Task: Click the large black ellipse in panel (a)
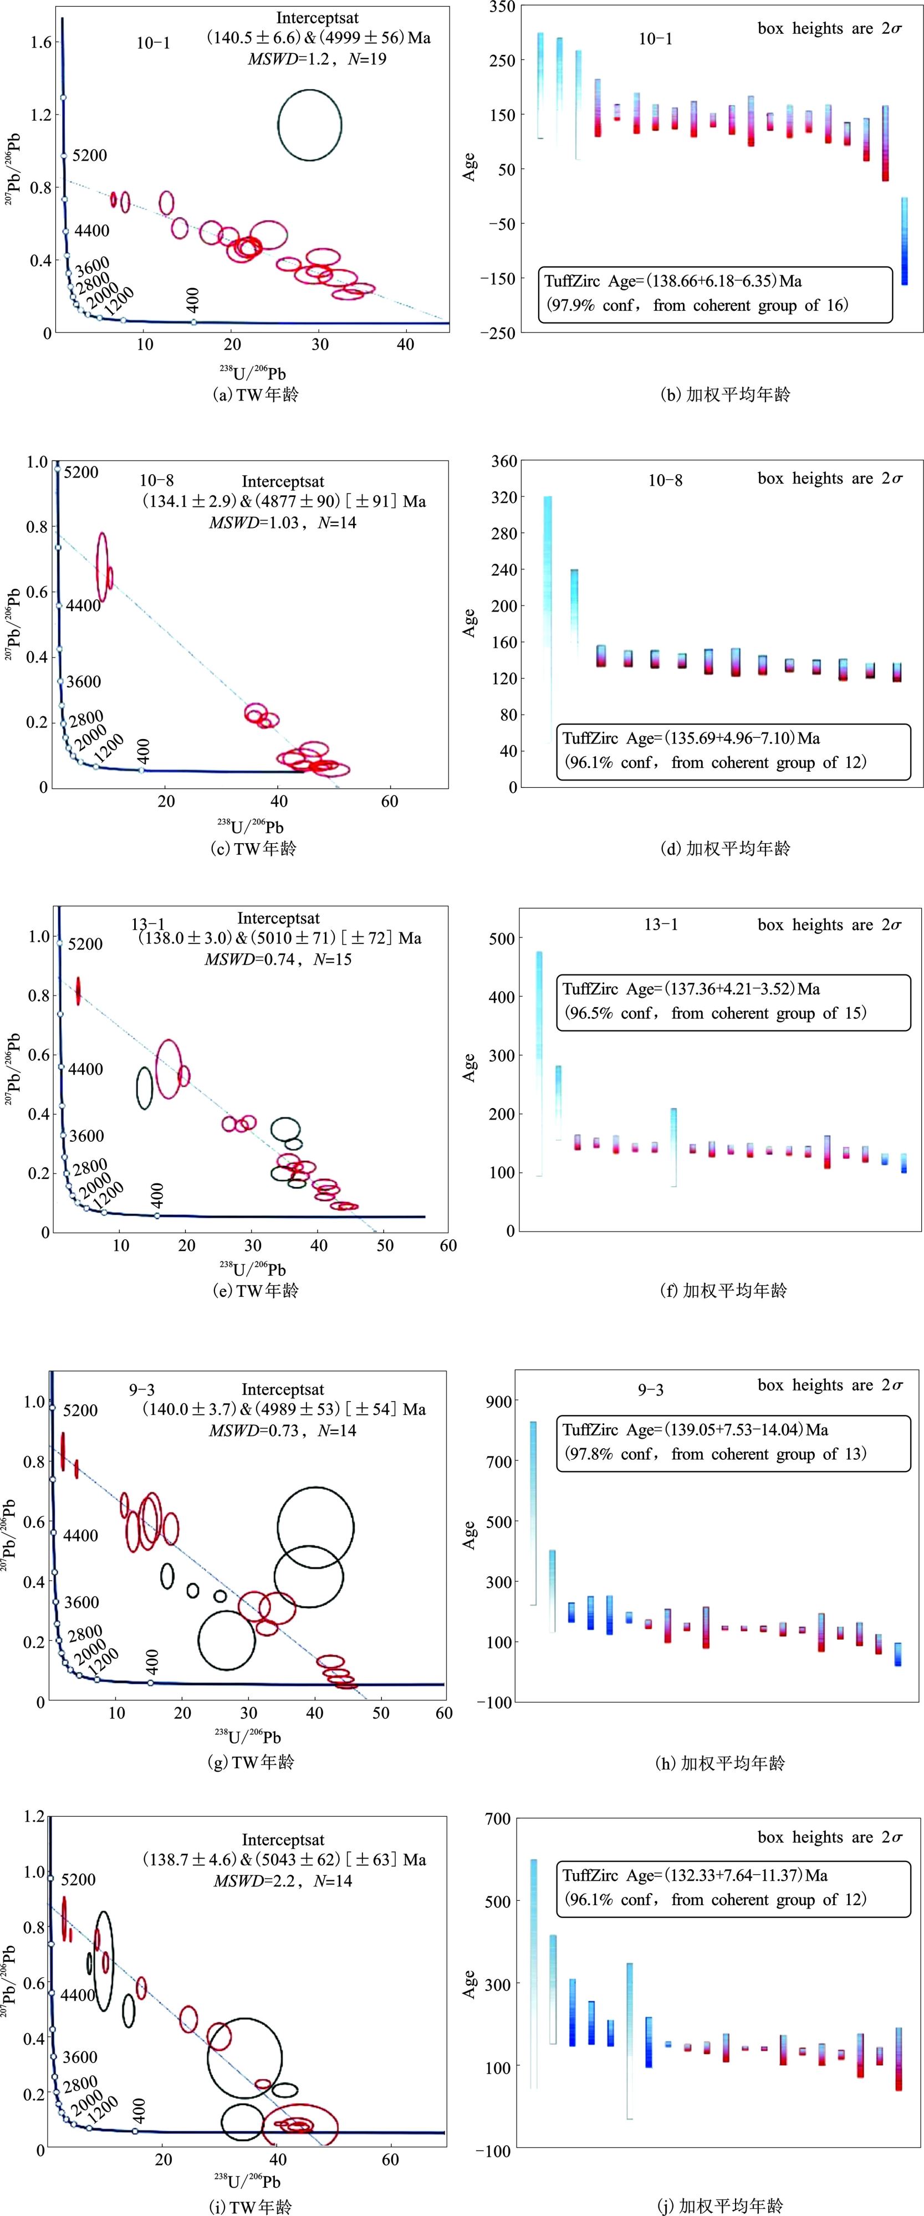click(x=310, y=125)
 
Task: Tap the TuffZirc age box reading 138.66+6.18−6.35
click(x=715, y=294)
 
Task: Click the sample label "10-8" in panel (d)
click(x=665, y=480)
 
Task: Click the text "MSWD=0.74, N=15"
click(x=278, y=959)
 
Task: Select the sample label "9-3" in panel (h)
click(x=650, y=1389)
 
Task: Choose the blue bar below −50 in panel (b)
click(x=904, y=241)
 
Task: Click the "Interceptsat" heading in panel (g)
click(x=283, y=1389)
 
